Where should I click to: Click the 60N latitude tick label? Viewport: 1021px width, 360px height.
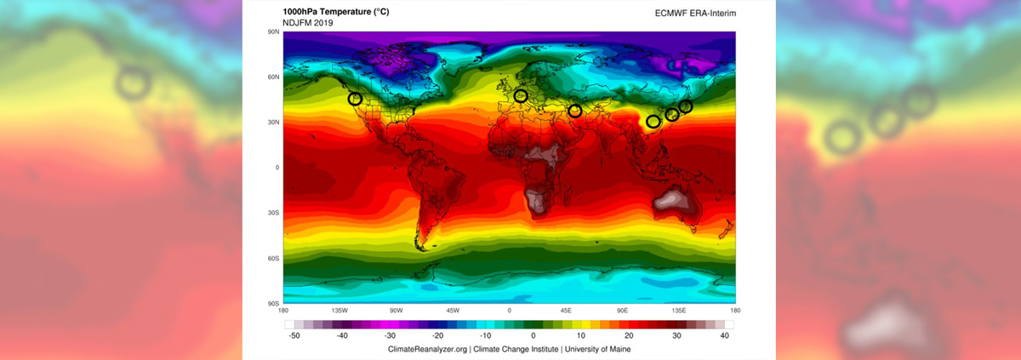tap(274, 77)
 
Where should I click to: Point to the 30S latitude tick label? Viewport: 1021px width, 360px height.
tap(274, 213)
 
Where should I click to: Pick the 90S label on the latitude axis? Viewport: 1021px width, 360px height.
tap(274, 304)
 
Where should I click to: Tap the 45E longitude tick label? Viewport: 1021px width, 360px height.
tap(566, 311)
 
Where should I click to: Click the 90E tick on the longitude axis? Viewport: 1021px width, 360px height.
tap(622, 311)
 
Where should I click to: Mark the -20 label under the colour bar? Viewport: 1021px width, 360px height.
tap(437, 337)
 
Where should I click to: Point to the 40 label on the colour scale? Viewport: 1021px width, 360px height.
tap(725, 337)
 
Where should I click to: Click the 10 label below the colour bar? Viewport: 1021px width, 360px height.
tap(581, 337)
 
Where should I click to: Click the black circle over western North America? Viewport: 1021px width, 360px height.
tap(356, 99)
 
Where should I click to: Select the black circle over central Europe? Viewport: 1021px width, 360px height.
tap(521, 95)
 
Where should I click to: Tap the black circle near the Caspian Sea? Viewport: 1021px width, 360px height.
tap(575, 111)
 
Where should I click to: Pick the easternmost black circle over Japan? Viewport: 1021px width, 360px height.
tap(686, 106)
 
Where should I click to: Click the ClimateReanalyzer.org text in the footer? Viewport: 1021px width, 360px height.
tap(427, 350)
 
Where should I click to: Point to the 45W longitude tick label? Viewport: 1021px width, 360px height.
tap(453, 311)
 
